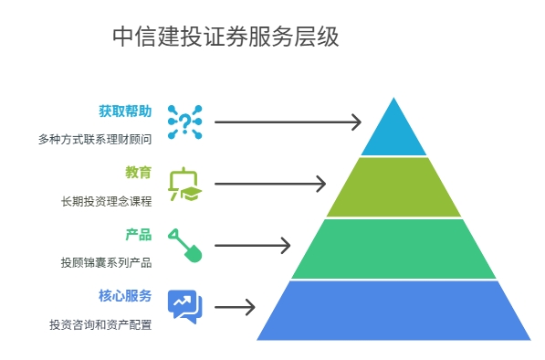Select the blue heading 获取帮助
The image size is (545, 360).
coord(125,111)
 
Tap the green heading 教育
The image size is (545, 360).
coord(139,172)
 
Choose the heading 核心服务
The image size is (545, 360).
coord(125,295)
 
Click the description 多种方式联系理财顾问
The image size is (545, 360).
coord(95,140)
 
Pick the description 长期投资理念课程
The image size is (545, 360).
coord(106,201)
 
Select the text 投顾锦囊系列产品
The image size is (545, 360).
coord(106,262)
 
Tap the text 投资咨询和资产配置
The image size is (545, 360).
coord(100,324)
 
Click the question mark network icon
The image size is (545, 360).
coord(184,122)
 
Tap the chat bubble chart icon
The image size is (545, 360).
coord(184,306)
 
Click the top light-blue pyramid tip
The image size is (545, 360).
coord(393,131)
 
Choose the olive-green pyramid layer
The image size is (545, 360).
coord(393,187)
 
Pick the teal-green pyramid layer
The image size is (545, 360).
coord(393,249)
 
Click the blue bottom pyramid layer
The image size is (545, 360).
coord(393,310)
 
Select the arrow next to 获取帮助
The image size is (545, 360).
coord(288,122)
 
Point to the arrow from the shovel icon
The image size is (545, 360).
coord(253,245)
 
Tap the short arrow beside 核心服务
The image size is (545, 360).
coord(235,307)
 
